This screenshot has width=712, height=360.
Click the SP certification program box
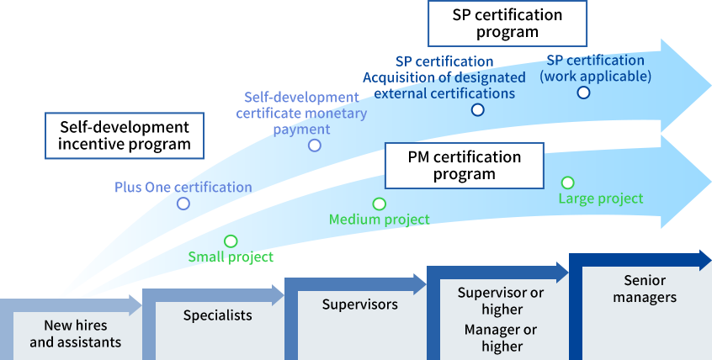tap(507, 24)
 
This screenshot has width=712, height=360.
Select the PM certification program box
tap(464, 166)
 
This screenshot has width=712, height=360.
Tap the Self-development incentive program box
tap(125, 135)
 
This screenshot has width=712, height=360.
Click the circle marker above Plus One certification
tap(183, 204)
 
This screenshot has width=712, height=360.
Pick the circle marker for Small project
tap(231, 241)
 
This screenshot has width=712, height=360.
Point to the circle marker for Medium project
tap(380, 204)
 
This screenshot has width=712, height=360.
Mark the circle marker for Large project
tap(568, 183)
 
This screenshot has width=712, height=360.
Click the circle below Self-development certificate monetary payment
tap(315, 146)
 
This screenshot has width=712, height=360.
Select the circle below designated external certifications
tap(478, 109)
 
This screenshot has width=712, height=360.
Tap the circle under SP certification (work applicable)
tap(583, 93)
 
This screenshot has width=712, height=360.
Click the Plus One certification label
tap(183, 187)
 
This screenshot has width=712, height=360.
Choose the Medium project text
tap(379, 220)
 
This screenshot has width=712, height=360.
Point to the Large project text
tap(601, 199)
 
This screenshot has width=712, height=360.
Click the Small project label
tap(231, 257)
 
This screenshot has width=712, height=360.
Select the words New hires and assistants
tap(76, 334)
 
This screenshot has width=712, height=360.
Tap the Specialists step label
tap(218, 315)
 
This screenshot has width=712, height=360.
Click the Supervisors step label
tap(360, 304)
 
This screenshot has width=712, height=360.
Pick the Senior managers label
tap(645, 289)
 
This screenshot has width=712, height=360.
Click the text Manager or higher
tap(501, 338)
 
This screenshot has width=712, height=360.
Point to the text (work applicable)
tap(596, 76)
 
